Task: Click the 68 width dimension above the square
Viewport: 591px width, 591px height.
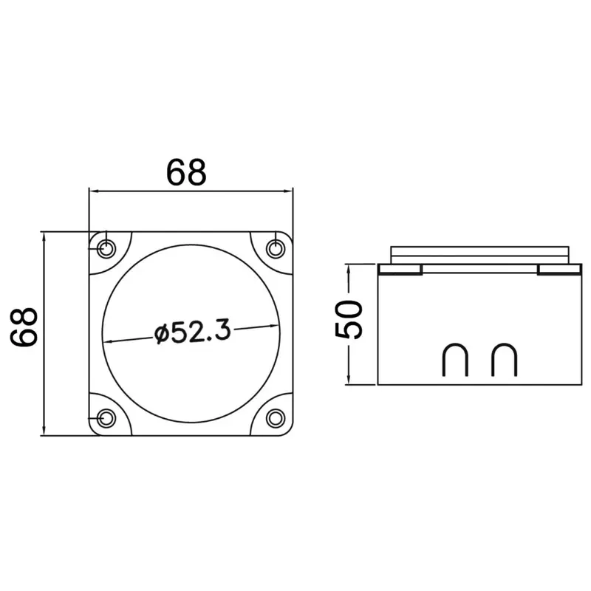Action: [x=186, y=173]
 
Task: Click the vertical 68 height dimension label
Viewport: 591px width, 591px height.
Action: [x=24, y=327]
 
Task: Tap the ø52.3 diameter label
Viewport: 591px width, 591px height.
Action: [x=192, y=332]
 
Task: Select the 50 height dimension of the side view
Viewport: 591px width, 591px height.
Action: [x=349, y=319]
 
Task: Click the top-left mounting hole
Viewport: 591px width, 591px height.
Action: [x=106, y=249]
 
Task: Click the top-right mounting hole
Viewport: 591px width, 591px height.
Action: [x=276, y=249]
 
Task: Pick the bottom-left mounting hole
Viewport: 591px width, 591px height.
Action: [x=106, y=418]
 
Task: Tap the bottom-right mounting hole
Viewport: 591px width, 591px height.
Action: [x=276, y=418]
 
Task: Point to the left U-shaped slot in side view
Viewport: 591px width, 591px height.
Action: [x=455, y=344]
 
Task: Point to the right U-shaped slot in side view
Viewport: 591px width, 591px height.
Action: [x=505, y=344]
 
